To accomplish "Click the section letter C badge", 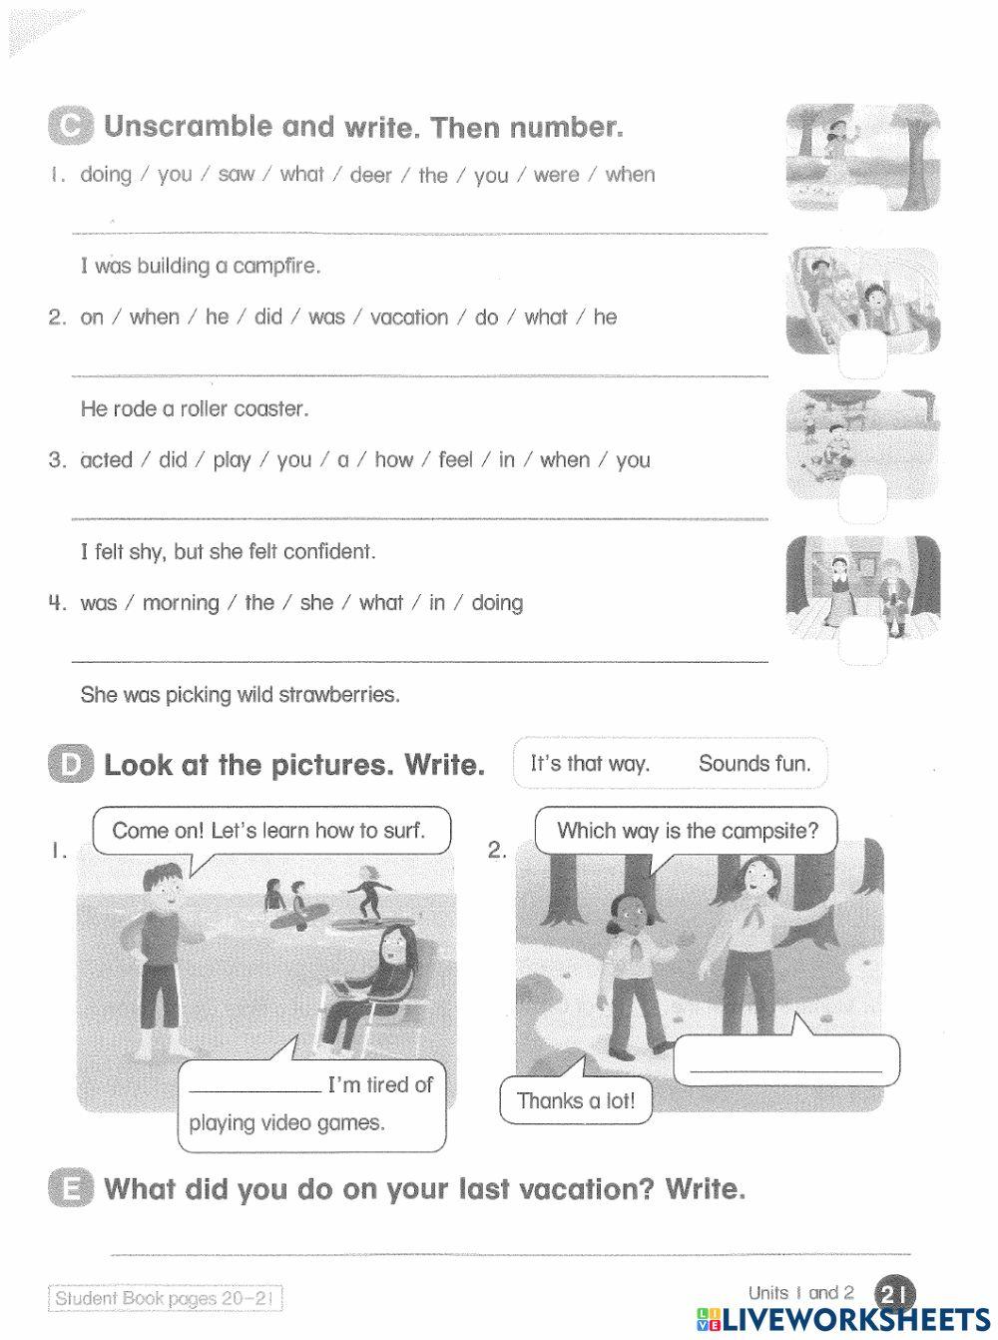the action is tap(71, 126).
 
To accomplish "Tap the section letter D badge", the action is tap(71, 764).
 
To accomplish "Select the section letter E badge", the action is tap(71, 1187).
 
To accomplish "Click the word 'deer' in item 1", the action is tap(371, 175).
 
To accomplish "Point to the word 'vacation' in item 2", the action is tap(409, 318).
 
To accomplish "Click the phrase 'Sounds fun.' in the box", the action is tap(753, 764).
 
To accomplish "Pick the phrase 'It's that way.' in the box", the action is tap(590, 764).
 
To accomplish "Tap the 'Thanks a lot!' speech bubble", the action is tap(576, 1100).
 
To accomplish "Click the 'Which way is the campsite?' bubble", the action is tap(687, 832).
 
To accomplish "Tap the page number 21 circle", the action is tap(895, 1294).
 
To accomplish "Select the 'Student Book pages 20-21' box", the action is tap(165, 1298).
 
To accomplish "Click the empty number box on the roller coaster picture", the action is tap(862, 354).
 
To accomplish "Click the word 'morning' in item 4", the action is tap(181, 603).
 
